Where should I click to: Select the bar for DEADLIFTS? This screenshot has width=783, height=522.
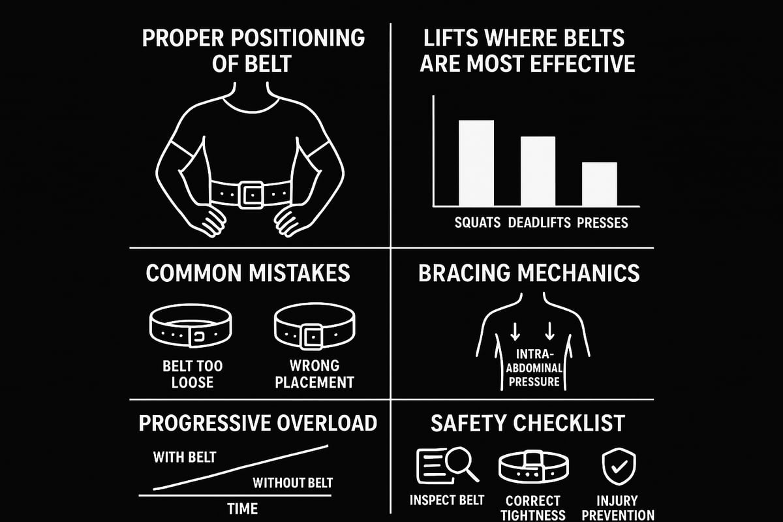[x=538, y=170]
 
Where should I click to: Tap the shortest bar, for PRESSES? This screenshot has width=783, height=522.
[x=599, y=183]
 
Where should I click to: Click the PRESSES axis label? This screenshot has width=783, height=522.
[x=602, y=223]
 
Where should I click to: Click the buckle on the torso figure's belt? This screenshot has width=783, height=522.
[x=251, y=194]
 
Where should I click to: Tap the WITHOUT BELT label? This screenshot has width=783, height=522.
[x=292, y=484]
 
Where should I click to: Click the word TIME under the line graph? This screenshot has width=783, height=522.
[x=242, y=508]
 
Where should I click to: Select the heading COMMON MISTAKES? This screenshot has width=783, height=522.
[x=247, y=273]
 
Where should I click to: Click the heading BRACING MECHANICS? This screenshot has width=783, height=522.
[x=529, y=273]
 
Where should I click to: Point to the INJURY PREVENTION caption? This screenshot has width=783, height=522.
[x=618, y=508]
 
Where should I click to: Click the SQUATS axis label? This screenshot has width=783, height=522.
[x=478, y=223]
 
